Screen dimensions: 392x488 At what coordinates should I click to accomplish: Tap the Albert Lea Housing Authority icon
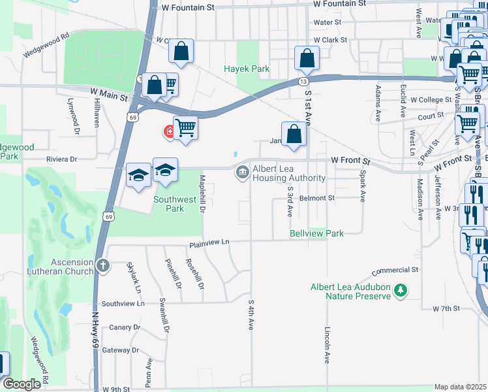click(242, 172)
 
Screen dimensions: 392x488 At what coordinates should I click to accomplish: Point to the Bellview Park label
click(317, 233)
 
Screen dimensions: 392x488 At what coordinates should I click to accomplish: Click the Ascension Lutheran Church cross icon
click(102, 265)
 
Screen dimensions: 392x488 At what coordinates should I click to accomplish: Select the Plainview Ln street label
click(209, 243)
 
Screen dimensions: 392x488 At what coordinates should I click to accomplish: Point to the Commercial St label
click(395, 270)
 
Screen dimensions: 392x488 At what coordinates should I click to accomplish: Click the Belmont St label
click(317, 197)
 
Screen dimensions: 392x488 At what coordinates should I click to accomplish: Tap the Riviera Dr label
click(61, 159)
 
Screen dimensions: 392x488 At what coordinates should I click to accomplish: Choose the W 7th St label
click(446, 308)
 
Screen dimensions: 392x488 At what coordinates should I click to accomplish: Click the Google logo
click(22, 384)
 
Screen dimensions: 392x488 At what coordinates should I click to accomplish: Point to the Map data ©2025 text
click(459, 387)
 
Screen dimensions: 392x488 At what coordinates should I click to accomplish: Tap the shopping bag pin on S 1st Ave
click(307, 58)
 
